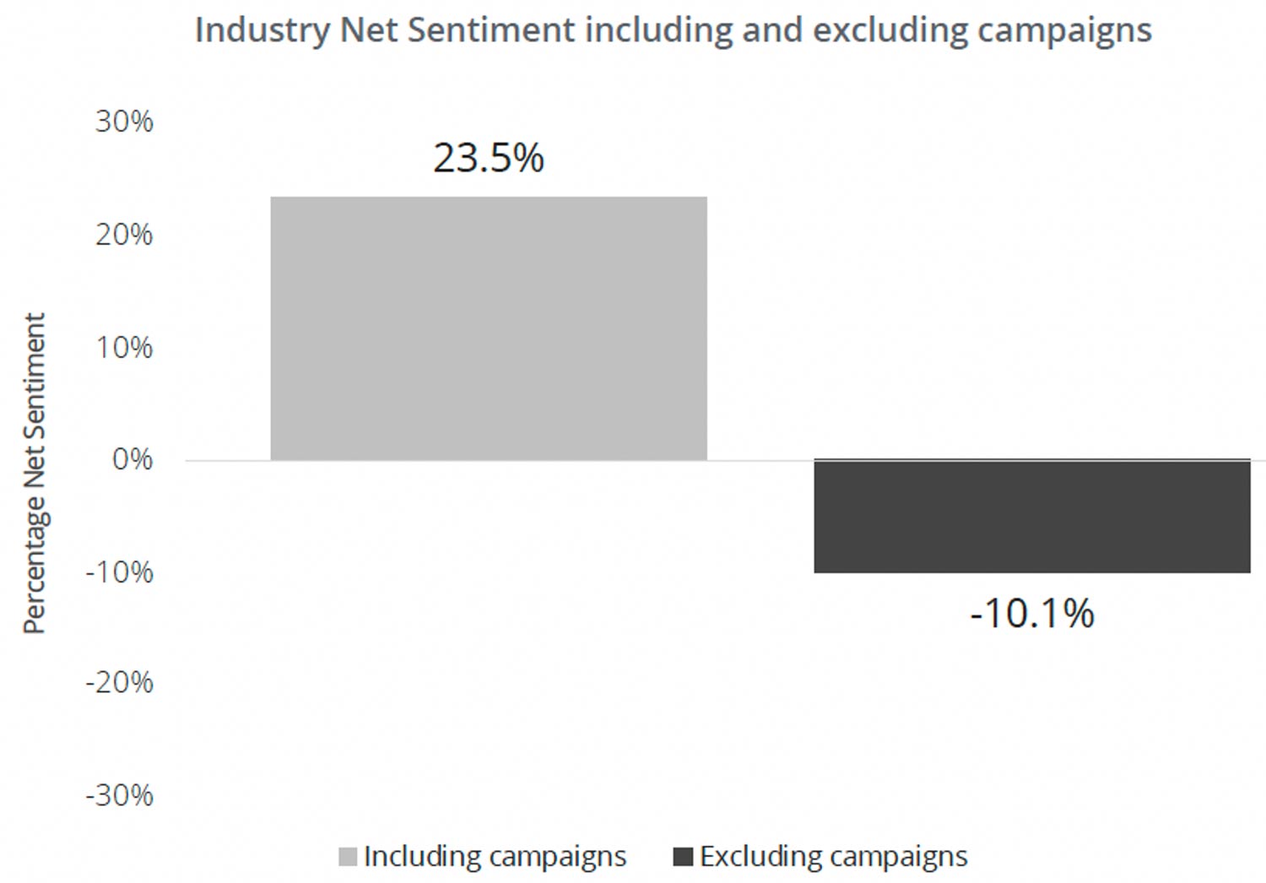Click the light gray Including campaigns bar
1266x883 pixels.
click(489, 328)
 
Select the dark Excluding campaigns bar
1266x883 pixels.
click(1031, 517)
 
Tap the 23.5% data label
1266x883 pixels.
click(489, 158)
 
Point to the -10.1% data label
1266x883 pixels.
click(1031, 614)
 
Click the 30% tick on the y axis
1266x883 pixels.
click(124, 122)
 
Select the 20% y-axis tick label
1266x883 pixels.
click(124, 235)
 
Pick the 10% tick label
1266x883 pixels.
click(124, 347)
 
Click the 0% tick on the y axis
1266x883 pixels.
click(132, 460)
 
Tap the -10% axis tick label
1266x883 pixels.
click(120, 572)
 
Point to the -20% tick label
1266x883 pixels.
click(120, 682)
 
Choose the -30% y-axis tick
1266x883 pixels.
click(120, 795)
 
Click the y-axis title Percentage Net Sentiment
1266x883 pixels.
click(34, 473)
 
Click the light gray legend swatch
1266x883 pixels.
click(348, 857)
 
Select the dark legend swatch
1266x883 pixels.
click(683, 857)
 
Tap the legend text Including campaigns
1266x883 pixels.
click(495, 857)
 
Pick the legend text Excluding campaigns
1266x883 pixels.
click(834, 857)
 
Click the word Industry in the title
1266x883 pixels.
click(262, 30)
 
